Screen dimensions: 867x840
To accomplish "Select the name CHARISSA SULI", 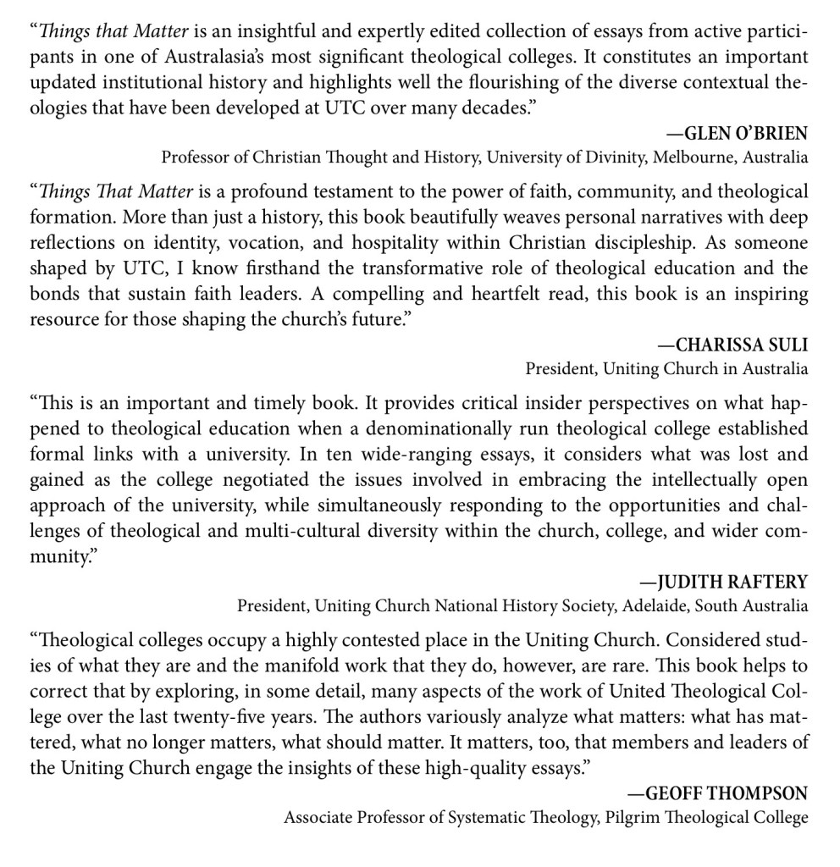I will coord(732,345).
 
